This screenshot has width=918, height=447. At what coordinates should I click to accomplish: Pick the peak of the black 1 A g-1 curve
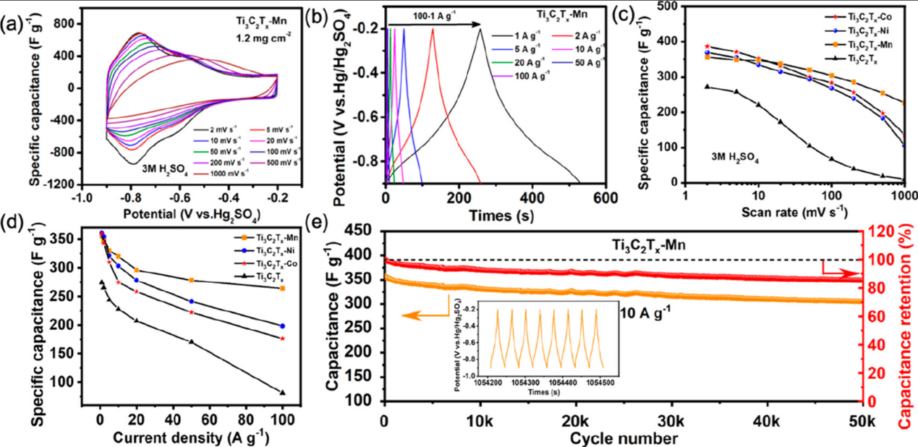(x=480, y=29)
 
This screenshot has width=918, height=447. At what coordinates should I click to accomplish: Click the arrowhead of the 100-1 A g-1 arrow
(x=478, y=25)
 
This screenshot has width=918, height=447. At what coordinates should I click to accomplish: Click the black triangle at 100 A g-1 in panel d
(x=282, y=392)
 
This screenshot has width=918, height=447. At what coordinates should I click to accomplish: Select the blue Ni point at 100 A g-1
(x=282, y=325)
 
